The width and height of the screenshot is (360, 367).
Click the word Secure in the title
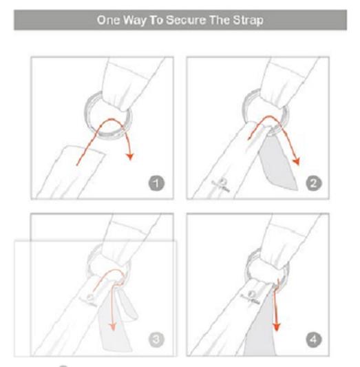pos(186,20)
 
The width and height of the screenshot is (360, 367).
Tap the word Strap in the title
pos(248,21)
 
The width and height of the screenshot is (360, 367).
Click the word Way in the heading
pos(134,21)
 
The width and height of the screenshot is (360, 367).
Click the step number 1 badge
pos(156,183)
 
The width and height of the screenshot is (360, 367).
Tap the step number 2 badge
pos(314,183)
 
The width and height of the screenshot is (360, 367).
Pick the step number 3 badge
pos(156,339)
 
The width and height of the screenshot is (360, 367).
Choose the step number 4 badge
pos(314,339)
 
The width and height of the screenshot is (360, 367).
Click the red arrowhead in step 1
pos(130,156)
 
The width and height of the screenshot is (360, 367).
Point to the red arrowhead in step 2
pos(296,161)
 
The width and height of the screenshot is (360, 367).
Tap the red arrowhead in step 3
pos(113,326)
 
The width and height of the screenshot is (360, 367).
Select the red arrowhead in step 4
pos(277,326)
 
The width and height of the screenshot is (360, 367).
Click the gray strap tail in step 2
pos(278,162)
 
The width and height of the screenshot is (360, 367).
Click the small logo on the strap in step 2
pos(221,185)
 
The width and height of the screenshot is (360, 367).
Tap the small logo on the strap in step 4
pos(251,297)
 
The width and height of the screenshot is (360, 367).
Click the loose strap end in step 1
pos(70,172)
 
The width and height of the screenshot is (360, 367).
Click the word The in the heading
pos(219,20)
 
